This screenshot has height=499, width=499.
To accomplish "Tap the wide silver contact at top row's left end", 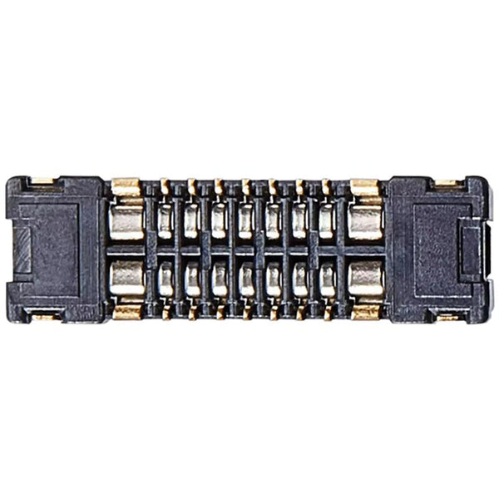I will pyautogui.click(x=126, y=221).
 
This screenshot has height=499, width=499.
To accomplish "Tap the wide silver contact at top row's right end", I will pyautogui.click(x=365, y=221).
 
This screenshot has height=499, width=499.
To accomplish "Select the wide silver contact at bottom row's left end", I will pyautogui.click(x=126, y=279).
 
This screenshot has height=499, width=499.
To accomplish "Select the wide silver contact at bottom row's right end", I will pyautogui.click(x=365, y=279).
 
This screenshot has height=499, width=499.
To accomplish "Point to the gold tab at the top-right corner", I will pyautogui.click(x=450, y=181).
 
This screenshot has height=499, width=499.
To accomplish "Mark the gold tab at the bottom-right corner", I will pyautogui.click(x=450, y=316).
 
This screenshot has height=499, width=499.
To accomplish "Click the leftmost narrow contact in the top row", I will pyautogui.click(x=166, y=221).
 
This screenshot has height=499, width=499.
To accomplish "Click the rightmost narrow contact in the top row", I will pyautogui.click(x=327, y=221).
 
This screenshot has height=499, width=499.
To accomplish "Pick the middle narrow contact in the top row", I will pyautogui.click(x=246, y=221).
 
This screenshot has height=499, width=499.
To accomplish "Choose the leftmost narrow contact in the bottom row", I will pyautogui.click(x=166, y=279).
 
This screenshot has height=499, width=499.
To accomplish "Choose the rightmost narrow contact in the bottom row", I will pyautogui.click(x=327, y=279).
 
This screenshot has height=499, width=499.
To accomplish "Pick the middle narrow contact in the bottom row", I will pyautogui.click(x=246, y=279).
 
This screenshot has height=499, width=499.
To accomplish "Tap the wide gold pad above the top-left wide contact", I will pyautogui.click(x=126, y=188).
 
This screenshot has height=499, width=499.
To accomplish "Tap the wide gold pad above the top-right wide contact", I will pyautogui.click(x=364, y=188).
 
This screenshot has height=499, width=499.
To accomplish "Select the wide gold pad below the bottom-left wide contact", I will pyautogui.click(x=126, y=312).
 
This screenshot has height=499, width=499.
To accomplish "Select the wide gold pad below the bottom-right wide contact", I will pyautogui.click(x=364, y=312).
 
